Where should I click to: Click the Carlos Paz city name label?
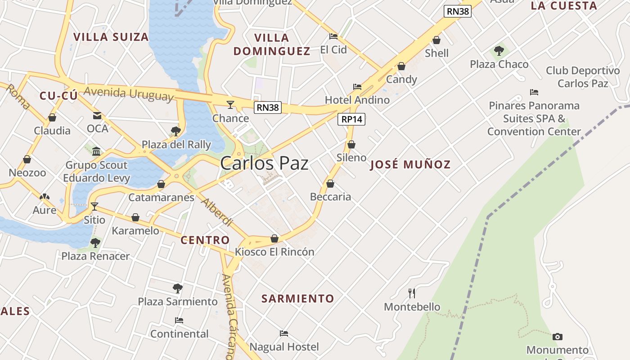coord(264,163)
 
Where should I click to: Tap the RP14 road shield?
coord(351,119)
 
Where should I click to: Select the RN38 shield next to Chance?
coord(267,107)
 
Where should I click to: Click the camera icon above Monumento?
coord(557,337)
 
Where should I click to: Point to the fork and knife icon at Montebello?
coord(411,293)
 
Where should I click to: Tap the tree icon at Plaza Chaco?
coord(499,51)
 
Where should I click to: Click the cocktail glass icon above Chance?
coord(230,105)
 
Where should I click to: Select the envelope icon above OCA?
coord(97,116)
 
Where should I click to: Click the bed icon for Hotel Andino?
coord(357,86)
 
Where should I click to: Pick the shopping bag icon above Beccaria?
coord(330,184)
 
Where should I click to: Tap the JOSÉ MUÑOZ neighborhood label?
coord(410,165)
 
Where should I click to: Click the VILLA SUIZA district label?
coord(111,37)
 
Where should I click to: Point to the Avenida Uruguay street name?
coord(128,93)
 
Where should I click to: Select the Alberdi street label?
coord(216,211)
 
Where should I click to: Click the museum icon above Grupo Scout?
coord(96,151)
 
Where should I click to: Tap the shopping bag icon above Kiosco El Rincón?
coord(274,238)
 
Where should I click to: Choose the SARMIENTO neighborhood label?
coord(297,298)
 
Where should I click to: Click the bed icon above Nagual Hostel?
coord(283,333)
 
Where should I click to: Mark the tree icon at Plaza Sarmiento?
coord(177,288)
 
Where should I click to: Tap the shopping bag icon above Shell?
coord(436,40)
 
